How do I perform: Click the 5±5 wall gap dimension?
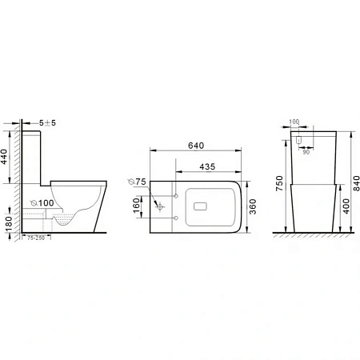tap(50, 122)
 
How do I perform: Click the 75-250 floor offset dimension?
tap(35, 238)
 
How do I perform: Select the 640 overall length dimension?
tap(195, 146)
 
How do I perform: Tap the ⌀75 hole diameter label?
tap(137, 182)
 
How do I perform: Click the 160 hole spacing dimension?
tap(137, 206)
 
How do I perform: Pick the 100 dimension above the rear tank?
tap(294, 122)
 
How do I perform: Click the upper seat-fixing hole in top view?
tap(176, 194)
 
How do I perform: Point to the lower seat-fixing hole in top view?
tap(176, 217)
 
